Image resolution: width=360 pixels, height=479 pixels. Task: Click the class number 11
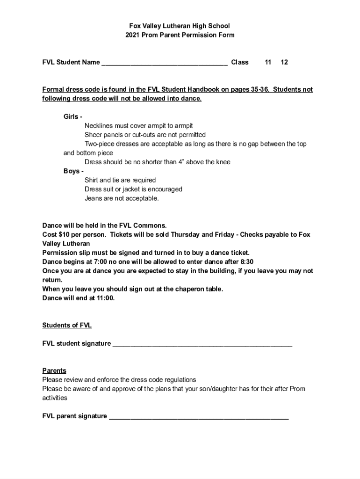pyautogui.click(x=268, y=62)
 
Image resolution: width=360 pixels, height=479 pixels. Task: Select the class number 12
pyautogui.click(x=284, y=62)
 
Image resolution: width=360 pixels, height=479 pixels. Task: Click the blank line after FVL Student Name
pyautogui.click(x=165, y=63)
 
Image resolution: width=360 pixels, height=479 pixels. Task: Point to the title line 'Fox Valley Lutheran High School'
pyautogui.click(x=180, y=26)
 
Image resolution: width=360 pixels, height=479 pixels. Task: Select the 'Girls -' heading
pyautogui.click(x=73, y=116)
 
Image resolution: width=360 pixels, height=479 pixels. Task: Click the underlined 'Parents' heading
pyautogui.click(x=54, y=371)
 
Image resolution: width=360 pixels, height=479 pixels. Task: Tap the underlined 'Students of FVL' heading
pyautogui.click(x=67, y=326)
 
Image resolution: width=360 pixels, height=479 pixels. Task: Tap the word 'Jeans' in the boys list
pyautogui.click(x=93, y=198)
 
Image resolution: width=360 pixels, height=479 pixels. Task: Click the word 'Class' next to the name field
pyautogui.click(x=240, y=62)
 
